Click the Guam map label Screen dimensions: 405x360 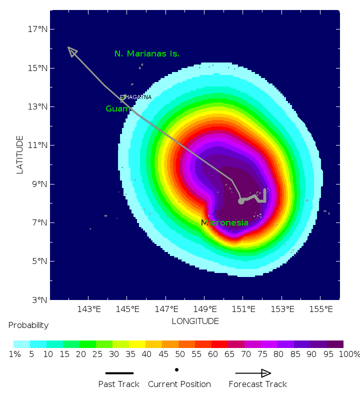click(118, 108)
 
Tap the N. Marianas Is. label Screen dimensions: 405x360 click(147, 53)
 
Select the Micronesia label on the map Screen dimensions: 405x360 click(224, 222)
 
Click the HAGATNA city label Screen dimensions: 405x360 click(137, 97)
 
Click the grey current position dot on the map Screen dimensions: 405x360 click(241, 201)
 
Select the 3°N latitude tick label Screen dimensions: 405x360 click(40, 300)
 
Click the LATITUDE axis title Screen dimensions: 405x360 click(20, 154)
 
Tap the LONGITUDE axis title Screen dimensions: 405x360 click(195, 321)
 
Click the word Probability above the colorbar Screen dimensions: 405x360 click(28, 325)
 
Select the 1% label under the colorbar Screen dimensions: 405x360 click(15, 354)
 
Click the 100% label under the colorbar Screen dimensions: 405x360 click(349, 354)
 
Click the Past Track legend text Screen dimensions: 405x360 click(118, 384)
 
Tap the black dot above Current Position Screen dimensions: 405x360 click(176, 369)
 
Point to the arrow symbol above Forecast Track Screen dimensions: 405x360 click(253, 373)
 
